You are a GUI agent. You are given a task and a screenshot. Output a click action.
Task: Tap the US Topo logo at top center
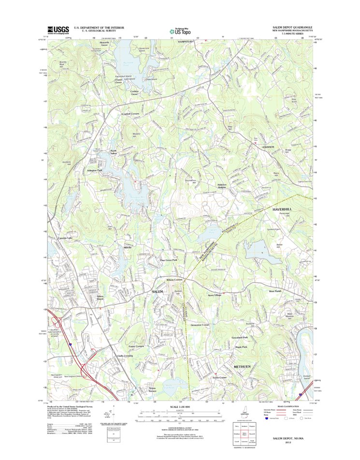coord(179,30)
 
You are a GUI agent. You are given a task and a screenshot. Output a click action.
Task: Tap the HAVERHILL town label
coord(283,209)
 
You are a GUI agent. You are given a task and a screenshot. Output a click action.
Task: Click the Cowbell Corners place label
coord(130,114)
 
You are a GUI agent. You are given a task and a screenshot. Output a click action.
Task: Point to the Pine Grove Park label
coord(169,260)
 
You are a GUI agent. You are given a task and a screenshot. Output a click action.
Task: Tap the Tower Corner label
coord(219,377)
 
